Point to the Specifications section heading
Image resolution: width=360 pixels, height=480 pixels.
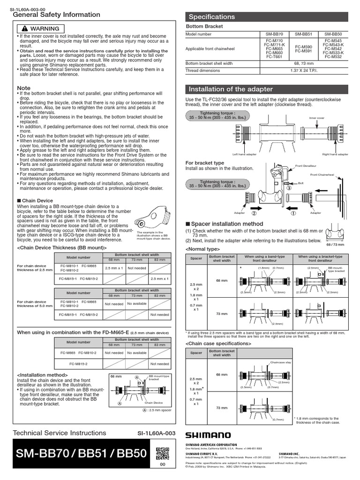tap(211, 17)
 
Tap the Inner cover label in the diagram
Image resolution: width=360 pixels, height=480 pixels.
tap(316, 118)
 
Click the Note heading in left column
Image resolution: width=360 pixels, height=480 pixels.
tap(23, 88)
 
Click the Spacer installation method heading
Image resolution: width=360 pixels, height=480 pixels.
tap(227, 224)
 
